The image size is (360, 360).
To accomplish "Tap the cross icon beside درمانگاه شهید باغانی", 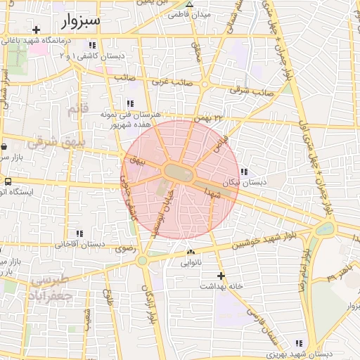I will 36,30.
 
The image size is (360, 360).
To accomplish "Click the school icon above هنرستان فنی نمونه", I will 129,103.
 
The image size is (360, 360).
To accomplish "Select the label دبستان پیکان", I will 245,182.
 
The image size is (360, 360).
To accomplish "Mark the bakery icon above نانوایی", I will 191,252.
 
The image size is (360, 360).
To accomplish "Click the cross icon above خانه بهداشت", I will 221,276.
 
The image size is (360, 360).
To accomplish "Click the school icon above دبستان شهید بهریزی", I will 300,343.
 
